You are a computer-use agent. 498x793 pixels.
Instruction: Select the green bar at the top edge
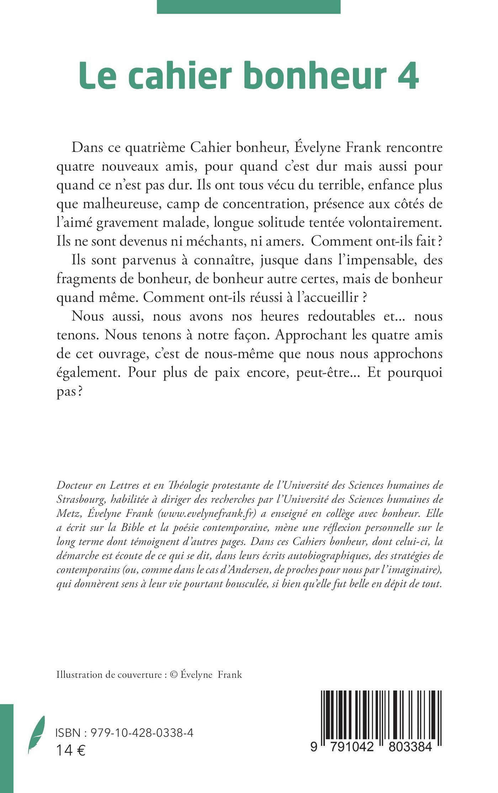click(248, 7)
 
